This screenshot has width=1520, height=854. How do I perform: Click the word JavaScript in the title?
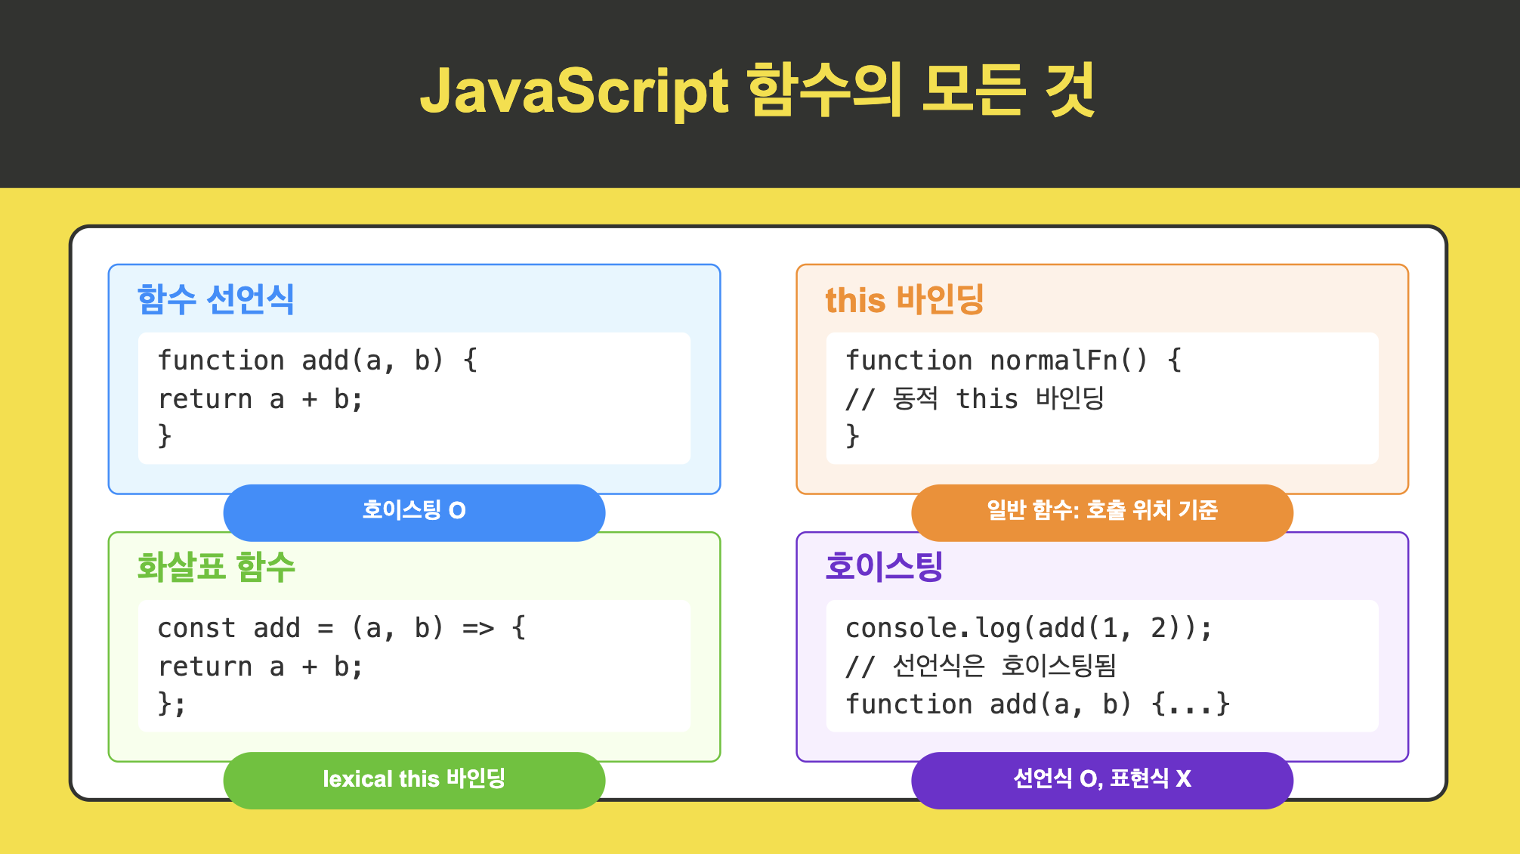pyautogui.click(x=574, y=91)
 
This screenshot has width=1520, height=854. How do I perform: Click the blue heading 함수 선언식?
pyautogui.click(x=215, y=299)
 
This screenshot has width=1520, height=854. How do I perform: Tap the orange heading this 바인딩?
pyautogui.click(x=904, y=299)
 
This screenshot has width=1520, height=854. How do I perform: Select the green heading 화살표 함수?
pyautogui.click(x=215, y=567)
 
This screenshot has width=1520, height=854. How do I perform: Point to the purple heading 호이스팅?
pyautogui.click(x=884, y=567)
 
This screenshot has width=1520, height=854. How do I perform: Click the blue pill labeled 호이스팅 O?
pyautogui.click(x=414, y=512)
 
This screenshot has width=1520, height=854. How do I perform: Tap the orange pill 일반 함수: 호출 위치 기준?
pyautogui.click(x=1102, y=512)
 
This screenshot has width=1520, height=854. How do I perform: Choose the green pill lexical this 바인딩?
pyautogui.click(x=414, y=779)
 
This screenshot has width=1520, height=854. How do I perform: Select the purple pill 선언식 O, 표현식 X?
pyautogui.click(x=1102, y=779)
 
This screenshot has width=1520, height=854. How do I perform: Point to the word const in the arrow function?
pyautogui.click(x=196, y=628)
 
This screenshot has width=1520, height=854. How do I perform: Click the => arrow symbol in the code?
pyautogui.click(x=478, y=628)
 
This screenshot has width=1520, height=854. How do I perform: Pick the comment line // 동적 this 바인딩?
pyautogui.click(x=975, y=398)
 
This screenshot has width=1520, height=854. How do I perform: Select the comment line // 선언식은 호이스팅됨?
pyautogui.click(x=981, y=666)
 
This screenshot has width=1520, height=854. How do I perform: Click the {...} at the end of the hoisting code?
pyautogui.click(x=1190, y=704)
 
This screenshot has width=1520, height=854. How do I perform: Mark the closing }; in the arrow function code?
pyautogui.click(x=171, y=704)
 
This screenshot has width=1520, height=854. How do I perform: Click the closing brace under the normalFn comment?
pyautogui.click(x=852, y=436)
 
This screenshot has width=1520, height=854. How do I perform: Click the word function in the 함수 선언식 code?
pyautogui.click(x=221, y=360)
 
